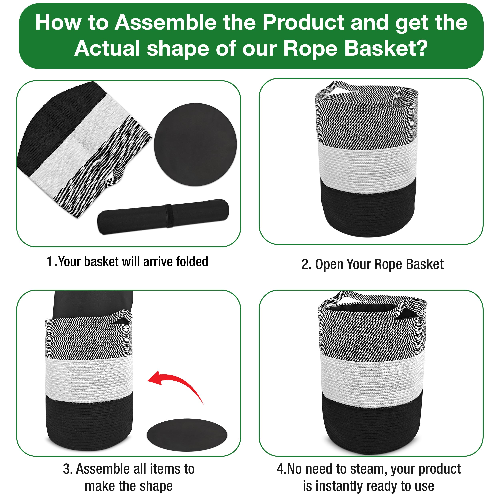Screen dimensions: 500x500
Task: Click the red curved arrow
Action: (x=181, y=380)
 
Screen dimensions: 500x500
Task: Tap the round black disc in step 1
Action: (x=195, y=144)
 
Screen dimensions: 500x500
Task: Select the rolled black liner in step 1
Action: (x=163, y=217)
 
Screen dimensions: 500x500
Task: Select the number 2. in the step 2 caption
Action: (x=306, y=264)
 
